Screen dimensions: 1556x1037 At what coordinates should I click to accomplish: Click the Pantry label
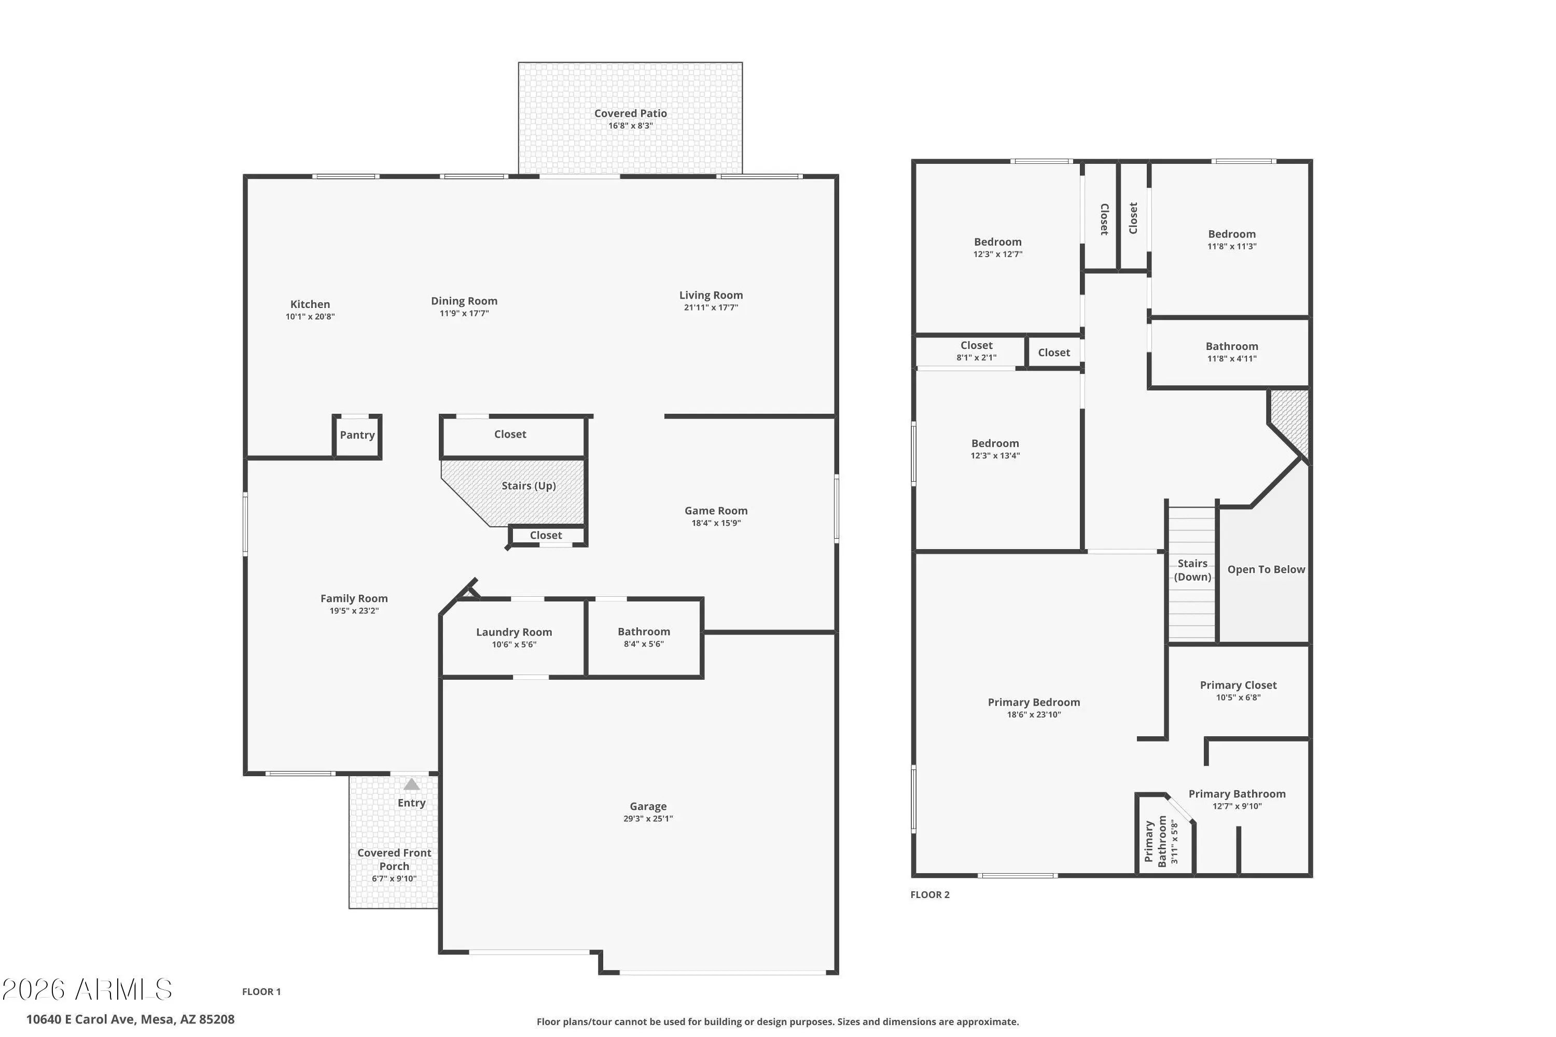tap(357, 435)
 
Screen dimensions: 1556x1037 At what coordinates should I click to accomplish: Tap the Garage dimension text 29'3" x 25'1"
tap(648, 819)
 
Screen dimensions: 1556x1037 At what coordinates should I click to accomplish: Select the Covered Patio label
tap(631, 113)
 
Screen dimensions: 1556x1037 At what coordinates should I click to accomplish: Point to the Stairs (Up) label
tap(529, 486)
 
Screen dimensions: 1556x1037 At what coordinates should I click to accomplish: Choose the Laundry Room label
tap(514, 632)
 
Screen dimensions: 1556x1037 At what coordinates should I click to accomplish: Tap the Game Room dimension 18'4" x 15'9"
tap(716, 523)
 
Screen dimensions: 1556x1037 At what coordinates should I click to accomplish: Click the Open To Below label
tap(1266, 569)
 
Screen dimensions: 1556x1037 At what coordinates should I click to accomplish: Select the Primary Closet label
tap(1238, 685)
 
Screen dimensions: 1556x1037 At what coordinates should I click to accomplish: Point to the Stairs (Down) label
tap(1192, 570)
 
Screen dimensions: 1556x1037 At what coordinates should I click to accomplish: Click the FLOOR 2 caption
tap(929, 895)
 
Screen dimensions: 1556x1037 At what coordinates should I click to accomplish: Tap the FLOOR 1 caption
tap(261, 991)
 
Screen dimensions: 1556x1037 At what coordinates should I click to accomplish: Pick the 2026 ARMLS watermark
tap(87, 989)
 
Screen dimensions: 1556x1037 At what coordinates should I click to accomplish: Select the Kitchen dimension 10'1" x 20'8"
tap(310, 317)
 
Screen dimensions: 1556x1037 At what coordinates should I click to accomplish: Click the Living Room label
tap(711, 295)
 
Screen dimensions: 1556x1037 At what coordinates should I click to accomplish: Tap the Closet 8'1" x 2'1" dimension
tap(977, 358)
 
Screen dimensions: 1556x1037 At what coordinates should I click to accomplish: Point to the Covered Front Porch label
tap(394, 859)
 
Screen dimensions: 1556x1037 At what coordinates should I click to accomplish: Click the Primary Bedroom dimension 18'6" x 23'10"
tap(1034, 715)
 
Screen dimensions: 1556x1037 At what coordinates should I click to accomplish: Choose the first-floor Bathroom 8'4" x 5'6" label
tap(644, 632)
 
